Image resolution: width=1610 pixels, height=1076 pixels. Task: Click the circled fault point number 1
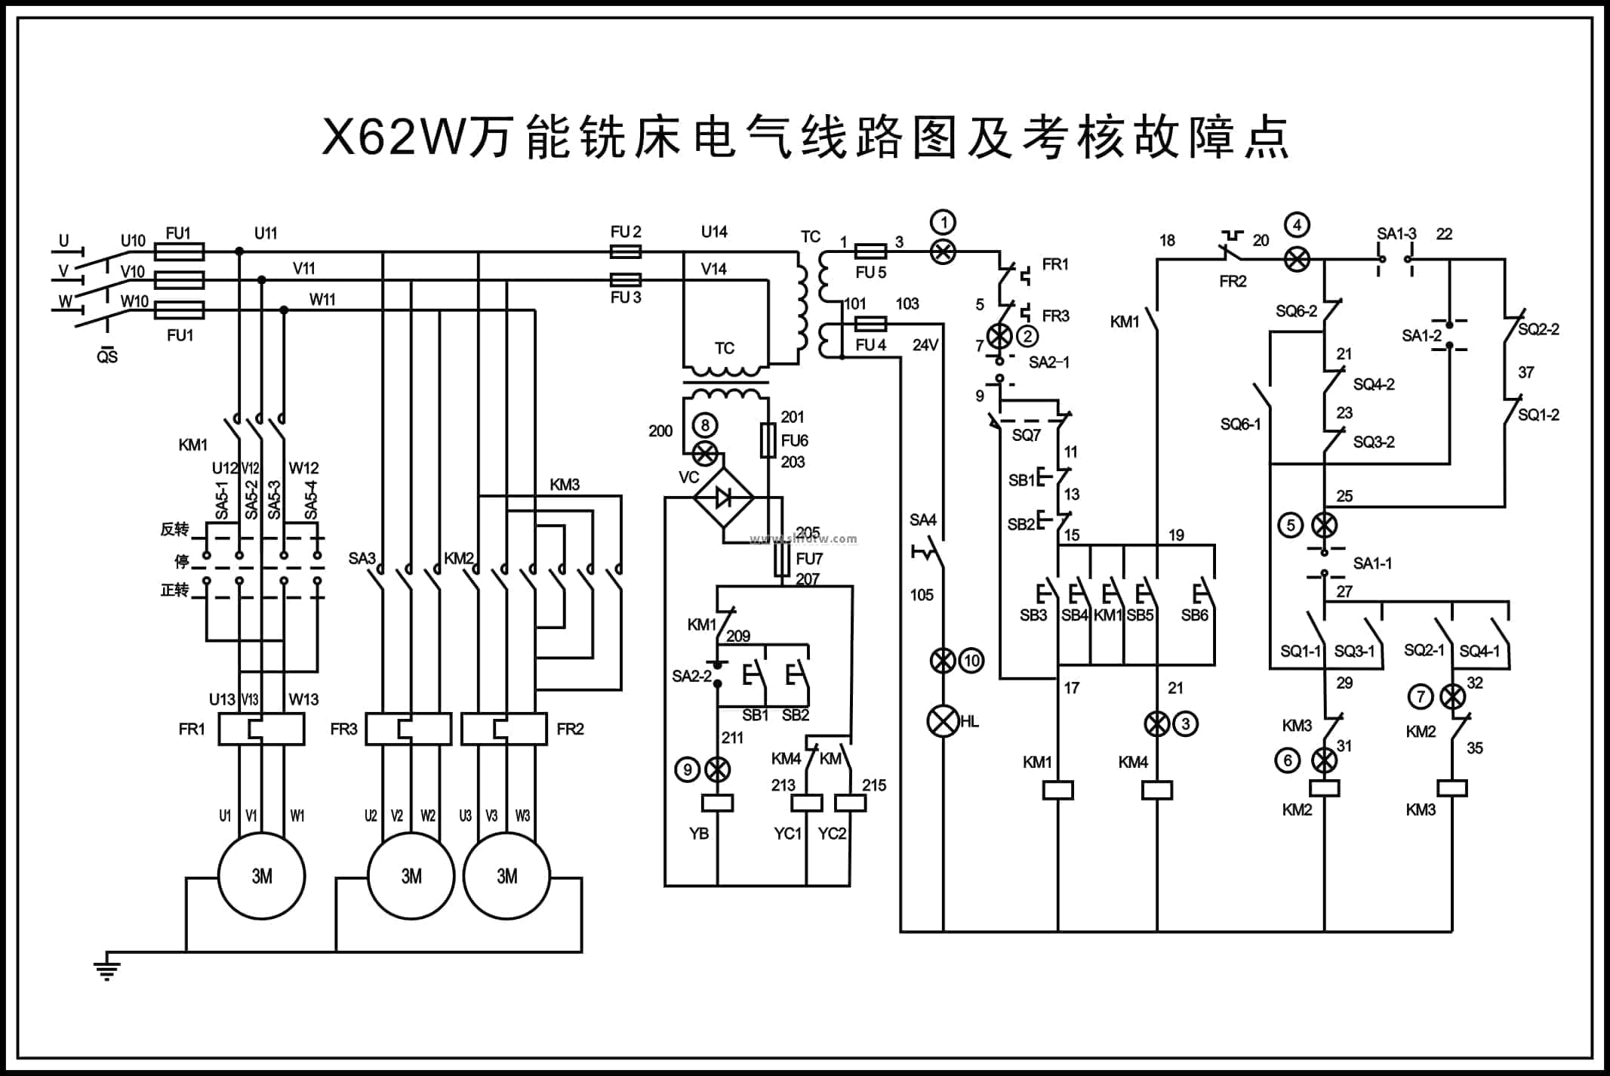[x=943, y=223]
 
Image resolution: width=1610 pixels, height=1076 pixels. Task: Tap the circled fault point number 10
[x=971, y=661]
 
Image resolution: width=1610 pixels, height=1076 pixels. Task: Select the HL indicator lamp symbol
[x=943, y=721]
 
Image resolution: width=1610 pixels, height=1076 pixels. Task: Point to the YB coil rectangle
[x=717, y=803]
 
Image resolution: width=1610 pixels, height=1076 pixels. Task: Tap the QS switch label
[x=107, y=356]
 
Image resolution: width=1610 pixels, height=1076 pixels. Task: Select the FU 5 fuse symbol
[x=870, y=251]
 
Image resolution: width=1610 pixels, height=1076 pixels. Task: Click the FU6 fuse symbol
[x=768, y=440]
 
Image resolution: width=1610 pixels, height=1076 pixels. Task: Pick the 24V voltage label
[x=925, y=345]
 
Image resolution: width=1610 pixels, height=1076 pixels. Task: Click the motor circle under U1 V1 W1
[x=261, y=876]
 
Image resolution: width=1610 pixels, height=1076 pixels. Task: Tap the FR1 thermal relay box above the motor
[x=261, y=729]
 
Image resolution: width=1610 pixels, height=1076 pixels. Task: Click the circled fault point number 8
[x=705, y=425]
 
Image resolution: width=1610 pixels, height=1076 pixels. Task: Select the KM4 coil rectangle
[x=1156, y=790]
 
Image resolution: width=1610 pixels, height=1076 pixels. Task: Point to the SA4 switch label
[x=922, y=520]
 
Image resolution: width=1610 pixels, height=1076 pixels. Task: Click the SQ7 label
[x=1026, y=435]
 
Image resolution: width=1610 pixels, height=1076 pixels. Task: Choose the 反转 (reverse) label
[x=174, y=529]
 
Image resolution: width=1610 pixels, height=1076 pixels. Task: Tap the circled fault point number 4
[x=1297, y=225]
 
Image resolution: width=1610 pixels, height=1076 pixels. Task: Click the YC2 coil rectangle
[x=851, y=803]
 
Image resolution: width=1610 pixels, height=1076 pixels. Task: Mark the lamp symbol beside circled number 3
[x=1156, y=724]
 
